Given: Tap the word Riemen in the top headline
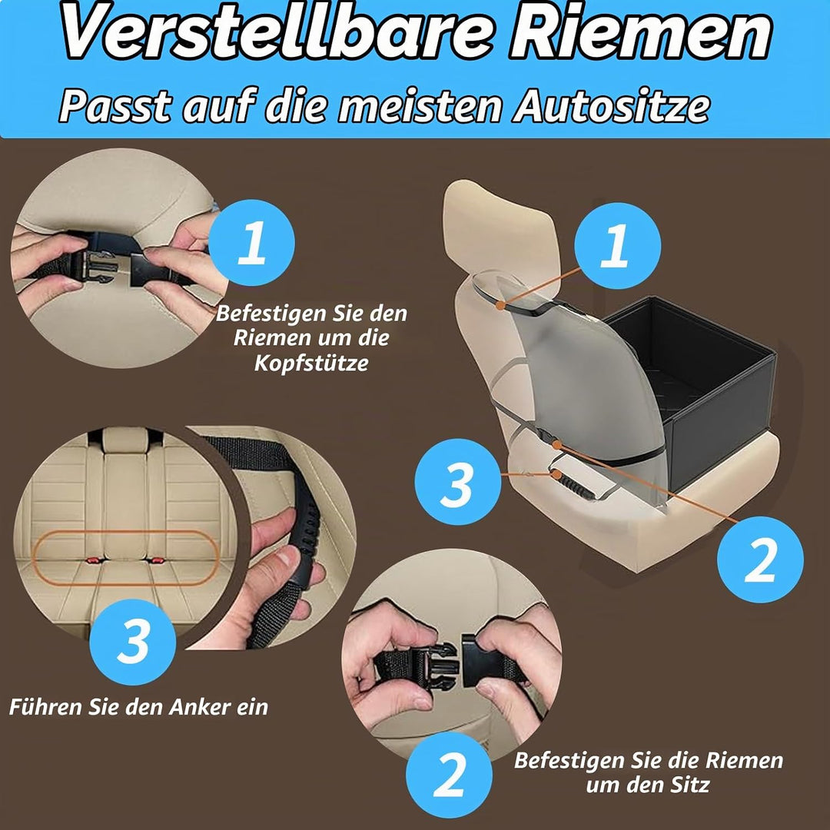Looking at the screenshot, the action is point(640,32).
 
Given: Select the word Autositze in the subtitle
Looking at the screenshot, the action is point(611,106).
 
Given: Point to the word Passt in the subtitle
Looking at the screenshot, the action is point(116,106).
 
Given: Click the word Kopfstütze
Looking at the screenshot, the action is point(311,363).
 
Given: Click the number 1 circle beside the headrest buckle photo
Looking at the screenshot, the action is point(251,242).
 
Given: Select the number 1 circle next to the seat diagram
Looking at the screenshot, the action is point(617,246).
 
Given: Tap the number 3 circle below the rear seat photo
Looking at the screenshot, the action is point(132,642).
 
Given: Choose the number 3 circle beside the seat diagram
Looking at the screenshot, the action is point(458,482).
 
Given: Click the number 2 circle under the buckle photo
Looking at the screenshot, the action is point(449,775).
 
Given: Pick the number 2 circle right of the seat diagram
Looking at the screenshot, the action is point(760,559).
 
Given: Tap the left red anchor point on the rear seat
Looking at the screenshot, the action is point(93,560).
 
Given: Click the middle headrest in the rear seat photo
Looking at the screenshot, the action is point(125,440).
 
